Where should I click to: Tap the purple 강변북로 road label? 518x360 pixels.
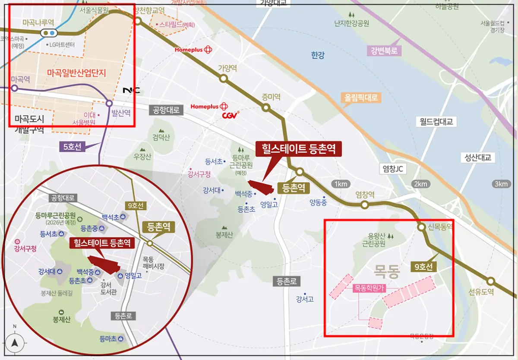click(384, 51)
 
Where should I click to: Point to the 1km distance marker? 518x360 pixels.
click(340, 184)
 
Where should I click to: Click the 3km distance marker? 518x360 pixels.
click(501, 184)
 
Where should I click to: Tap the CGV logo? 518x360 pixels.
click(231, 116)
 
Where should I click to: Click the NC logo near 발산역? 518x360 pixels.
click(132, 90)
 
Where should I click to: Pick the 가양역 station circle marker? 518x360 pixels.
click(223, 78)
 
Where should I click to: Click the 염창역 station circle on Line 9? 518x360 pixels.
click(365, 205)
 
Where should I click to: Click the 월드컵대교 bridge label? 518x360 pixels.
click(436, 122)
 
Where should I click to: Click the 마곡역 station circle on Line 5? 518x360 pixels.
click(14, 88)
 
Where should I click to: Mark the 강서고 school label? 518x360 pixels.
click(305, 299)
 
